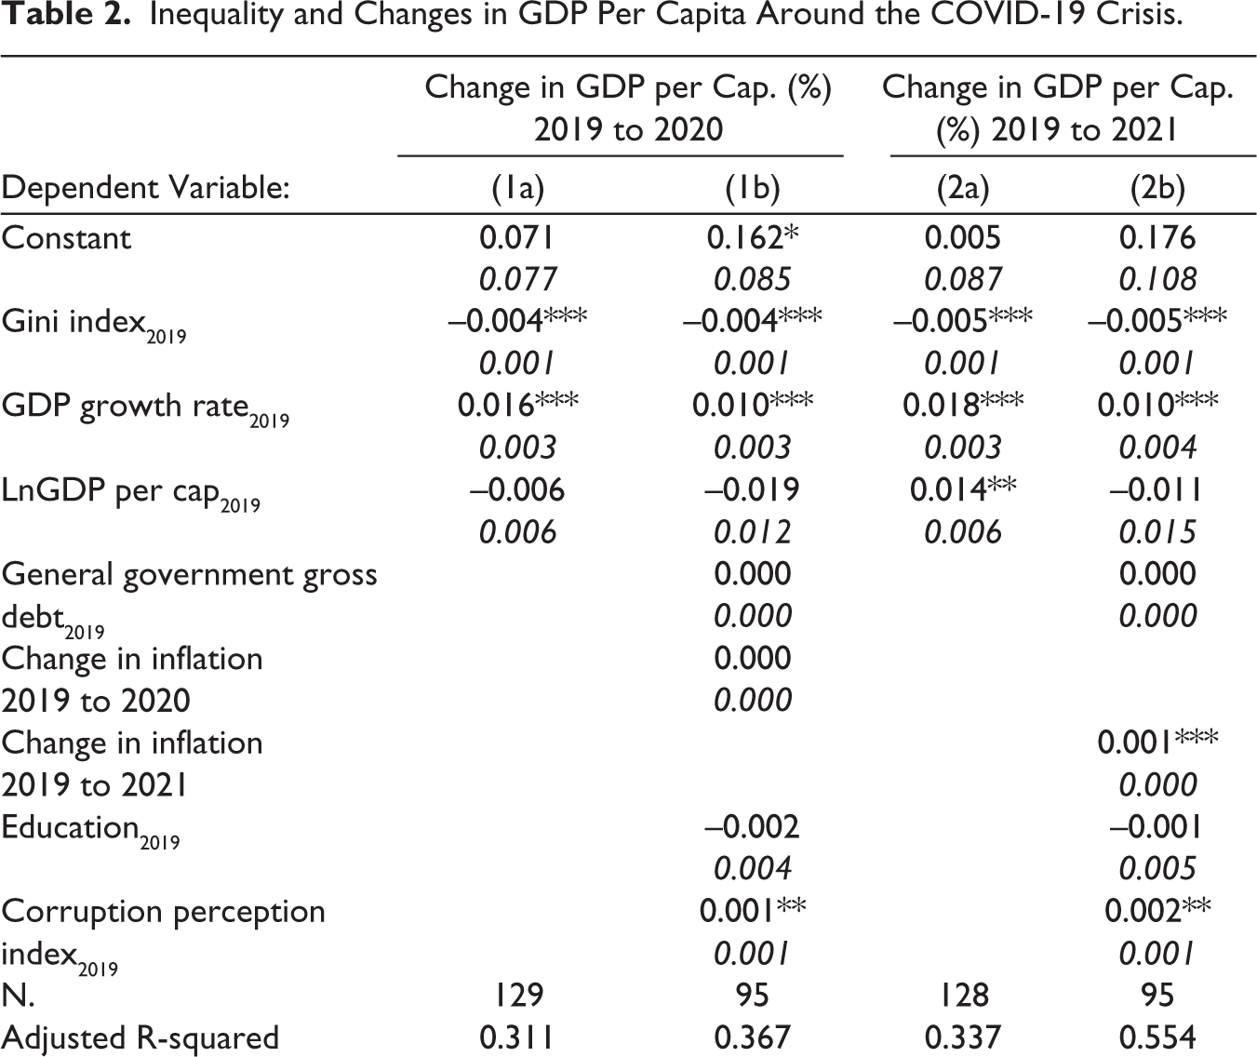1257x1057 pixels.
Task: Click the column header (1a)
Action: [x=517, y=188]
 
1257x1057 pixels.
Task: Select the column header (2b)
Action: [x=1157, y=188]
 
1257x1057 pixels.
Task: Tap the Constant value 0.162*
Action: [x=753, y=238]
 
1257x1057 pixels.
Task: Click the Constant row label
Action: [x=66, y=238]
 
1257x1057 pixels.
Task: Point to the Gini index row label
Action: [x=94, y=325]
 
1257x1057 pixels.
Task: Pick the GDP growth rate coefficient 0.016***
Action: [x=517, y=405]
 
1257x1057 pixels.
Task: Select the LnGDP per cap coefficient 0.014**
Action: [x=963, y=489]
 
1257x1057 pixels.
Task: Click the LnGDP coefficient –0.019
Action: [x=753, y=489]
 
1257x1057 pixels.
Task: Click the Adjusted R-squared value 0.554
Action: [x=1157, y=1037]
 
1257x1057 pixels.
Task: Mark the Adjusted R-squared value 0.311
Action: [x=517, y=1037]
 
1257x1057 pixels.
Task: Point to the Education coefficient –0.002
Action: [x=753, y=826]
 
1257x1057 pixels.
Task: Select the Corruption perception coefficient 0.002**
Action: [x=1157, y=911]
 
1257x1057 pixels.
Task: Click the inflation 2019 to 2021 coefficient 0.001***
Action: [x=1157, y=743]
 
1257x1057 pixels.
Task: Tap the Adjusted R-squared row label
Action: [x=140, y=1038]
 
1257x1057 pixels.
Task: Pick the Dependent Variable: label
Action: [x=146, y=188]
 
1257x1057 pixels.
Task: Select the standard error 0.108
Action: [x=1157, y=279]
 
